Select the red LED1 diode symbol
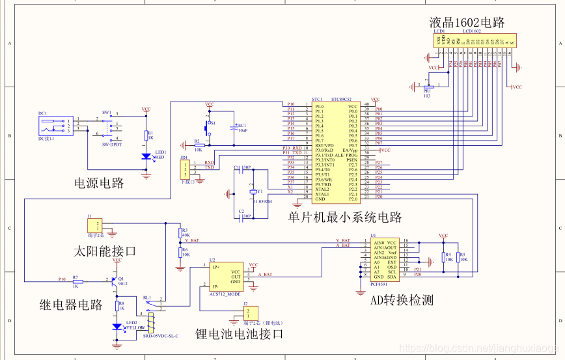(x=146, y=157)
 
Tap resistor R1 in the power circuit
(x=146, y=136)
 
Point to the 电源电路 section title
(x=98, y=183)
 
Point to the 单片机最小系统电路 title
(x=345, y=217)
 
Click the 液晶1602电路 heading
(x=467, y=21)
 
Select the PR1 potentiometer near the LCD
(x=428, y=86)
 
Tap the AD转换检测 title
(x=402, y=300)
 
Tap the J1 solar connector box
(x=95, y=225)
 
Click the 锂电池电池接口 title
(x=240, y=334)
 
